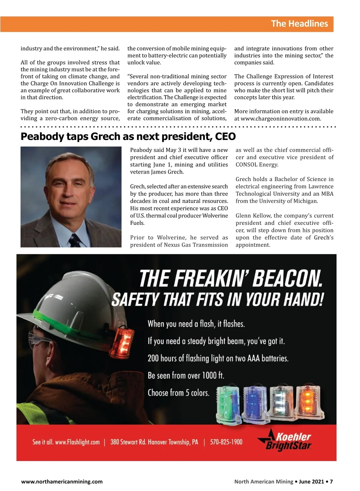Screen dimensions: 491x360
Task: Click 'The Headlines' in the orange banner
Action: click(299, 24)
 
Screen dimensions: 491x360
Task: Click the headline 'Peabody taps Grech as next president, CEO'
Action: click(128, 136)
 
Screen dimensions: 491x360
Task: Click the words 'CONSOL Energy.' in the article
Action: click(257, 165)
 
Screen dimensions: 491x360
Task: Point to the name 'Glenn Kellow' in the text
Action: click(253, 216)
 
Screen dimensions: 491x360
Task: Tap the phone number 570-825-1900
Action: click(226, 442)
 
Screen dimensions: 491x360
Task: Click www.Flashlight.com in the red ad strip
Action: click(77, 442)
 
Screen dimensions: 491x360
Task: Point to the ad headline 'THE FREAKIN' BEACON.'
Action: click(231, 278)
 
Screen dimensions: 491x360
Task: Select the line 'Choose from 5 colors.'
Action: click(178, 393)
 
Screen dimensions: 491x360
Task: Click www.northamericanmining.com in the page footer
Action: click(62, 482)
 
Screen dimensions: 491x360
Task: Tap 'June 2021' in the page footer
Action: click(311, 482)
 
